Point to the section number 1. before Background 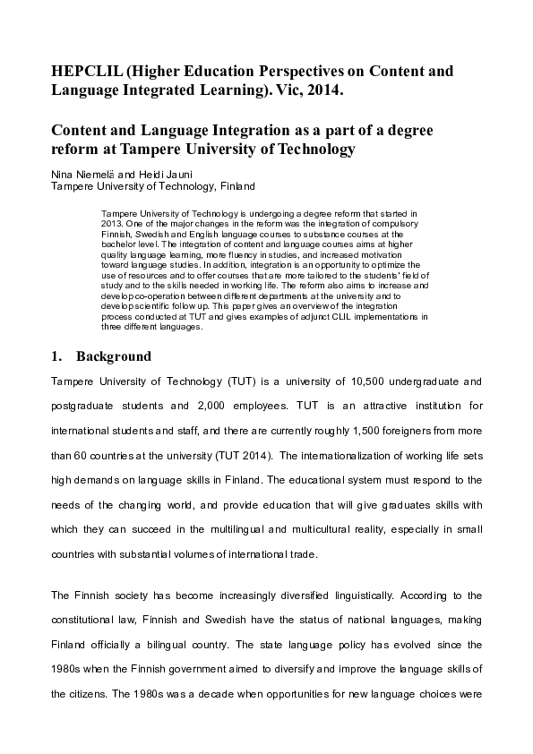tap(56, 356)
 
